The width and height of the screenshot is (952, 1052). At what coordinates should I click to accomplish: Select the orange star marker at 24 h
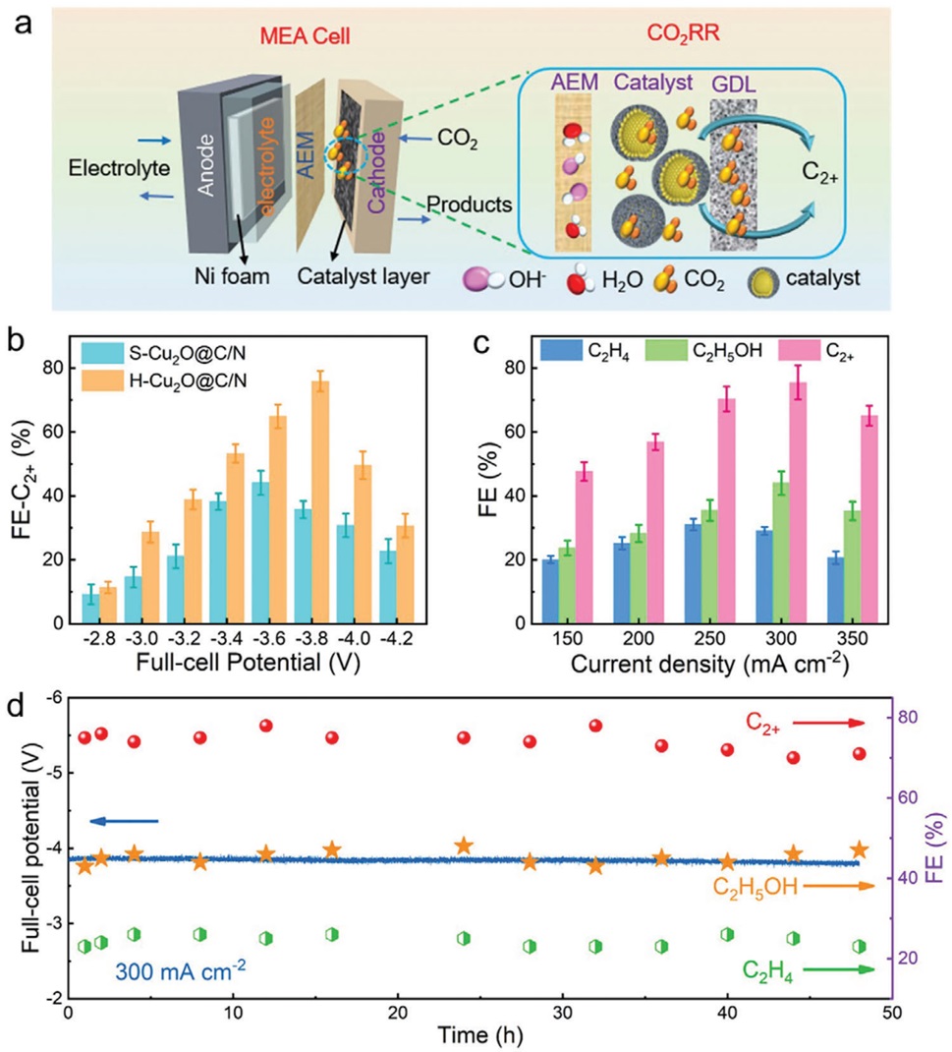point(464,846)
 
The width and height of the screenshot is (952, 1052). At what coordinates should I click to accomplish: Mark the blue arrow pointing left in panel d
point(122,820)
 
